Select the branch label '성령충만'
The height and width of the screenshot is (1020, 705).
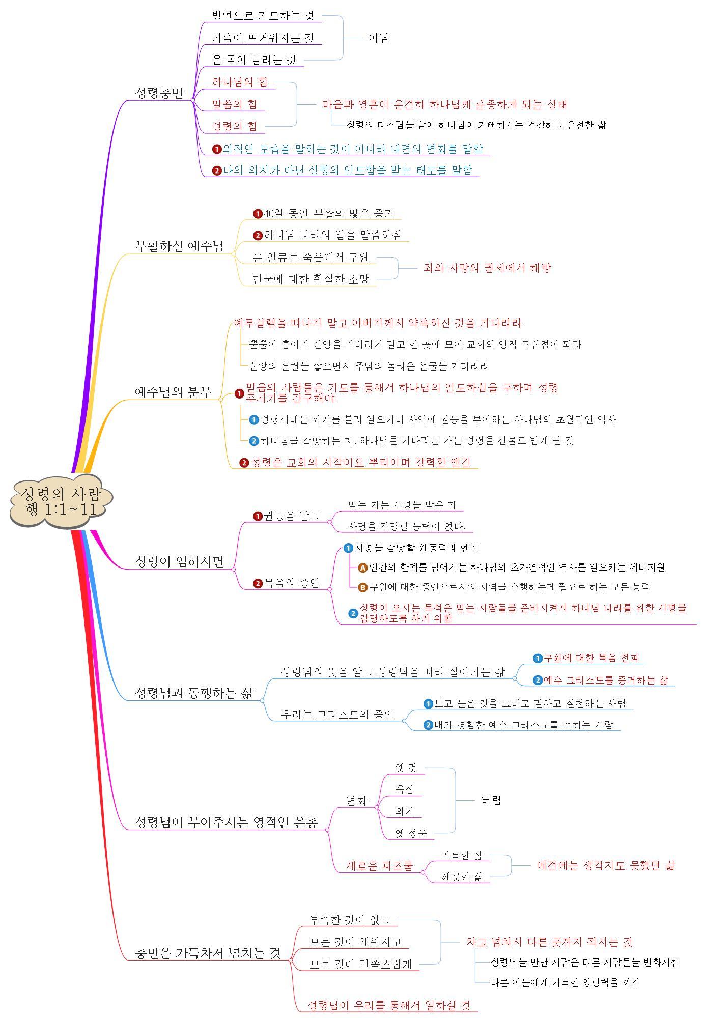[159, 93]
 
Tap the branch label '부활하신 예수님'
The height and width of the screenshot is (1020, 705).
[179, 246]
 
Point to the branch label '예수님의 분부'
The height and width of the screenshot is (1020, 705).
[173, 392]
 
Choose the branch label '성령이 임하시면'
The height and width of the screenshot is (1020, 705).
[179, 561]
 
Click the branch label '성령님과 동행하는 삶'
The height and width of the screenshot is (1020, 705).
[194, 693]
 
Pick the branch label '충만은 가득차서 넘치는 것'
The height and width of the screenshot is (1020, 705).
[208, 953]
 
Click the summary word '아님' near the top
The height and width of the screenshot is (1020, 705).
[378, 38]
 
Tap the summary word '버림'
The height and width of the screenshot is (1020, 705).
[491, 800]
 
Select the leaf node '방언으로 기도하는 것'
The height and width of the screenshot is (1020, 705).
[263, 15]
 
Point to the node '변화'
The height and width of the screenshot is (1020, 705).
[357, 801]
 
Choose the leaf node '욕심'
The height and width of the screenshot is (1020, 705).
[405, 789]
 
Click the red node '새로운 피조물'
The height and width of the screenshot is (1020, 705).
[379, 866]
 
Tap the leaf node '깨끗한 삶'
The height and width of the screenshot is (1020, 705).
[462, 876]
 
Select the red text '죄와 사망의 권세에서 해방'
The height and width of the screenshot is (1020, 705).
[487, 268]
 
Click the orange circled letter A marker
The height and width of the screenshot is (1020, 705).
[363, 568]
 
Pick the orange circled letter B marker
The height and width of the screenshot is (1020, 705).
[363, 587]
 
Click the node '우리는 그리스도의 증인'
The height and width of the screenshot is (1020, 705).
[337, 714]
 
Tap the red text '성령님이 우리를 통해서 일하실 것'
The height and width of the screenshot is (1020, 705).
[389, 1005]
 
